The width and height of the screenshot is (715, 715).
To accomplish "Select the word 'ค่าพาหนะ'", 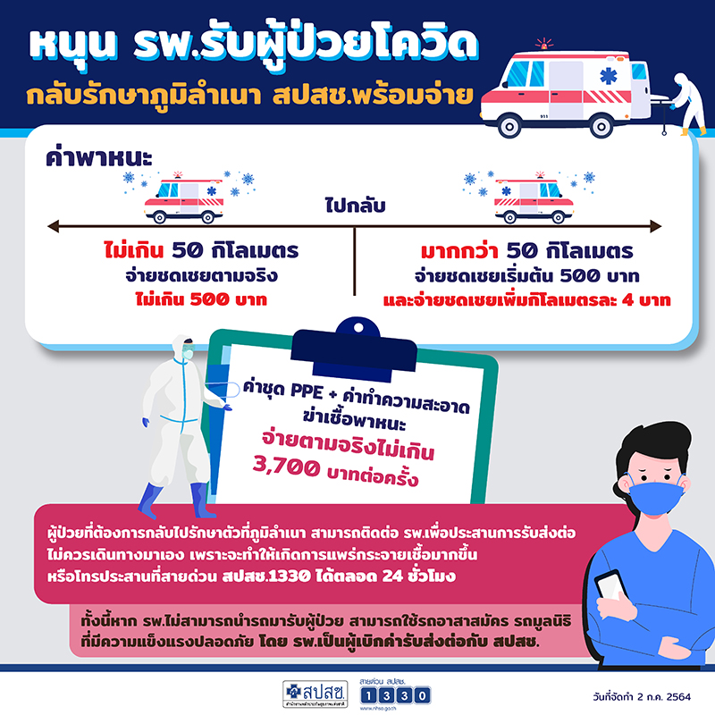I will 99,158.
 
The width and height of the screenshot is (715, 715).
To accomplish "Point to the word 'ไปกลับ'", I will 355,208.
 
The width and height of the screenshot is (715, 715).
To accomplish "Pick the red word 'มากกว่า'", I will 455,251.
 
